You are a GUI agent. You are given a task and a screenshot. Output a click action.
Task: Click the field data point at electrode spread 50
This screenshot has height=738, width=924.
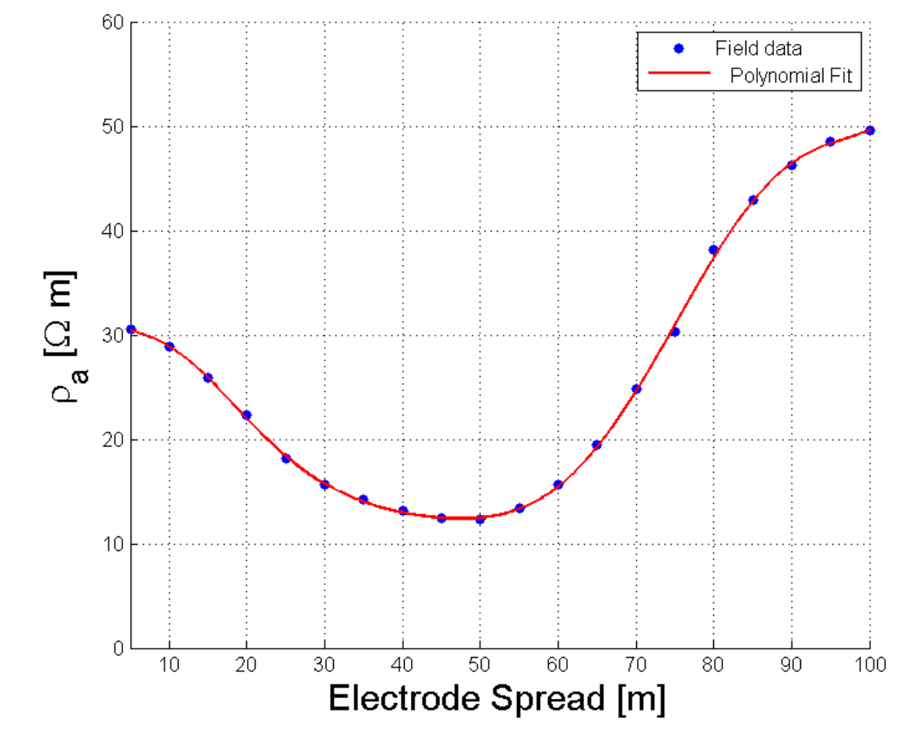pos(480,519)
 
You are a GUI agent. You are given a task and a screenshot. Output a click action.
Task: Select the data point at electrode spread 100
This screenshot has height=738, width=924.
pos(870,130)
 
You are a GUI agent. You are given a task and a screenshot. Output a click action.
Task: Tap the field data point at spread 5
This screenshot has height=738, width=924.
pos(131,329)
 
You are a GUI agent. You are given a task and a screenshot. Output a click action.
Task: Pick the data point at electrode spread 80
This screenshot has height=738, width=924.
pos(713,249)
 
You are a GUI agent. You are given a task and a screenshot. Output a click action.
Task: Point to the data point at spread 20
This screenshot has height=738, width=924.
pos(246,415)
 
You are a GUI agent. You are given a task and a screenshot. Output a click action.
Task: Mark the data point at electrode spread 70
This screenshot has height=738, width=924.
pos(636,389)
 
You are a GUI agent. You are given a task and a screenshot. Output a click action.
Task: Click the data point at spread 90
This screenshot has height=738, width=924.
pos(792,165)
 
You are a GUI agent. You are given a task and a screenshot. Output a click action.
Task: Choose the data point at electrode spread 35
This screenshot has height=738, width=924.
pos(363,499)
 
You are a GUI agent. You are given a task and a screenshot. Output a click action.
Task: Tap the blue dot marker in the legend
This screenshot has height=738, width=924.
pos(679,48)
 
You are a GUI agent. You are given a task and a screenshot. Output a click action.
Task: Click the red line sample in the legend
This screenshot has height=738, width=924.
pos(678,75)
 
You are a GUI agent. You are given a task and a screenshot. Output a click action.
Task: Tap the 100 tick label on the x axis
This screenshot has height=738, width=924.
pos(869,663)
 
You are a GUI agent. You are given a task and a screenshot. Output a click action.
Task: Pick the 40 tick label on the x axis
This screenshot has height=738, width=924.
pos(402,663)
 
